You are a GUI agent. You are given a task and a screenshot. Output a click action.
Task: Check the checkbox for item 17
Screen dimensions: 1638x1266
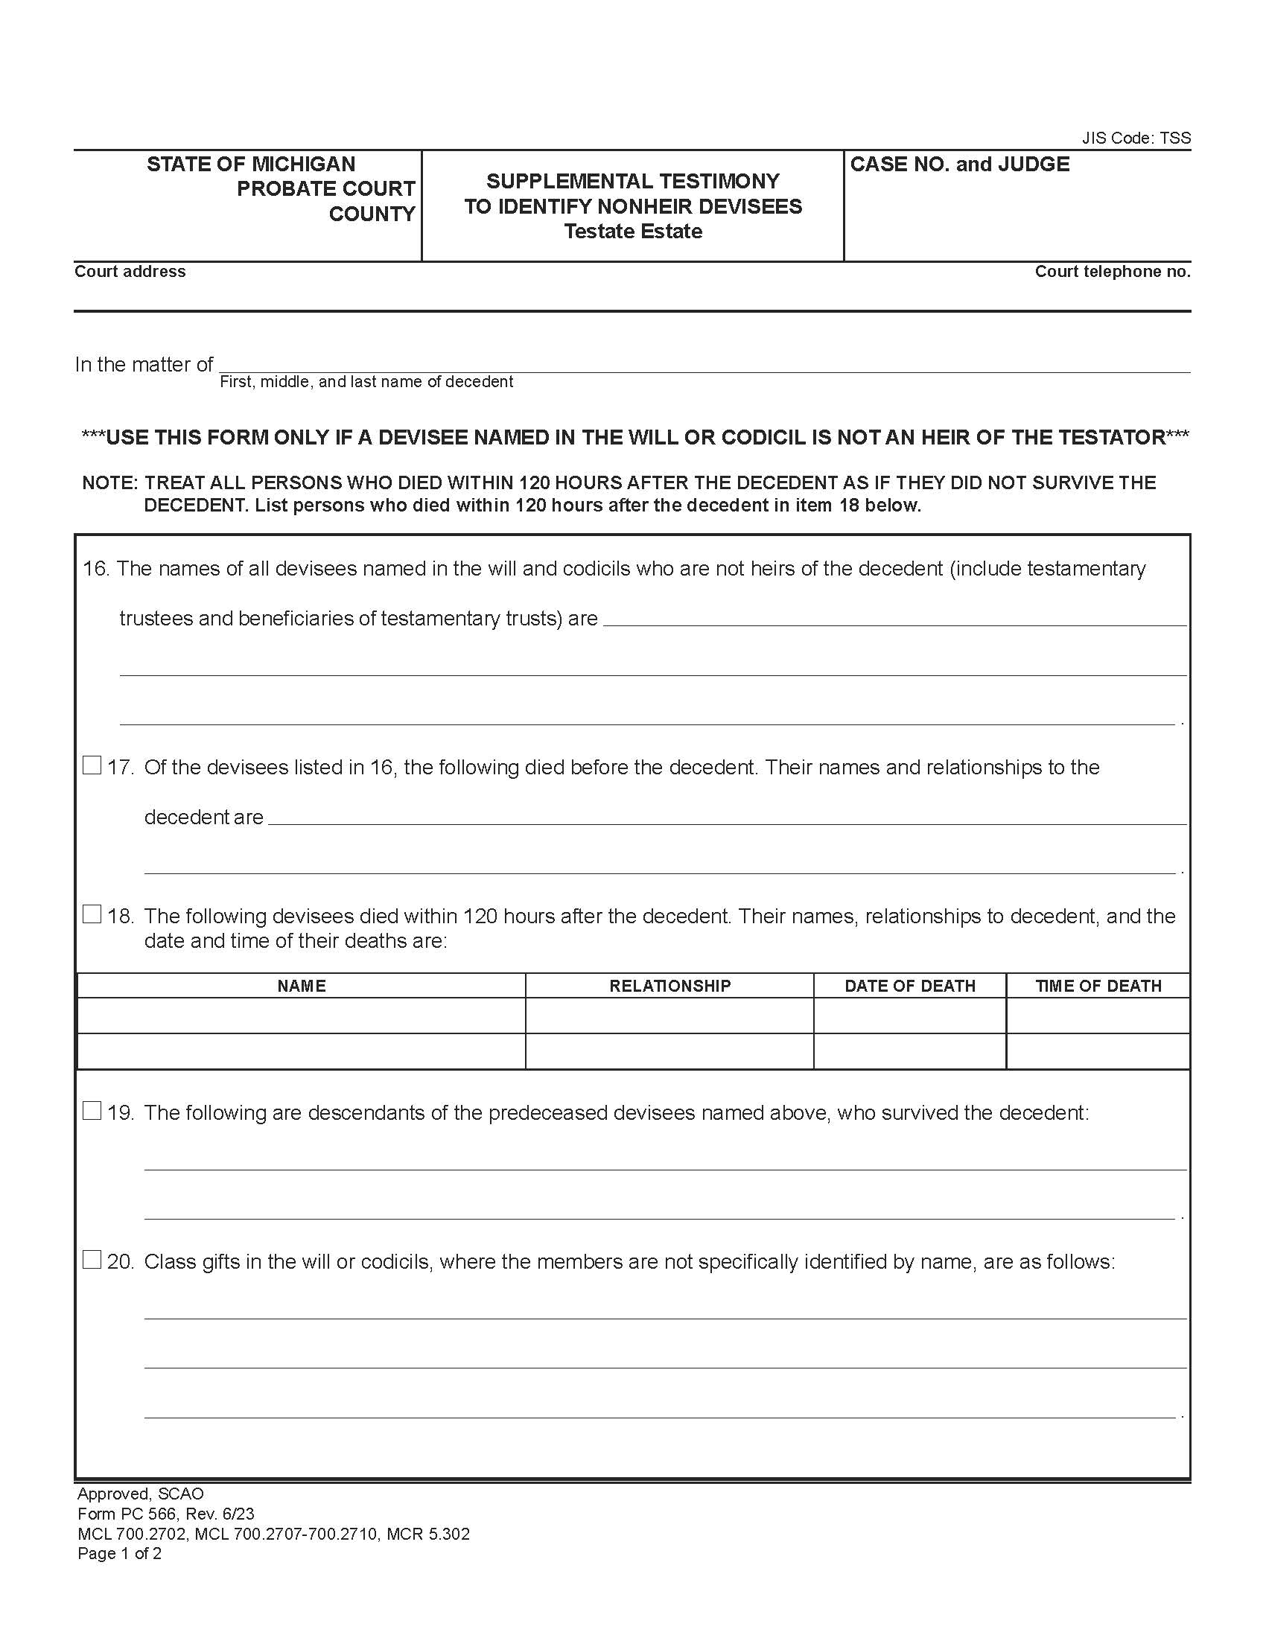point(92,765)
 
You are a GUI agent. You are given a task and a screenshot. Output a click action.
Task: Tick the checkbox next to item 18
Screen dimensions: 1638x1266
point(92,914)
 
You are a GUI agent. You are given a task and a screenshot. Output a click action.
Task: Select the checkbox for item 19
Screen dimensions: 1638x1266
point(92,1111)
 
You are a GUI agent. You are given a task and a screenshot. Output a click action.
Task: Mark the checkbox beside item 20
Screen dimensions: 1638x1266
point(92,1260)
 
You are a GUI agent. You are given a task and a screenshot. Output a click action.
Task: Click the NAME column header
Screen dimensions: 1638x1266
point(302,986)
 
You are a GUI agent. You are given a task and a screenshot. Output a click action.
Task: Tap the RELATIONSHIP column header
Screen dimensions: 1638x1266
point(669,986)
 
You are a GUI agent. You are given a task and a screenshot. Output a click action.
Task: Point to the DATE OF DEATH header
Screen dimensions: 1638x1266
point(910,986)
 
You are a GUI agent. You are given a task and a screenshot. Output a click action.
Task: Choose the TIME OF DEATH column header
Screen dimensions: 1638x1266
point(1098,986)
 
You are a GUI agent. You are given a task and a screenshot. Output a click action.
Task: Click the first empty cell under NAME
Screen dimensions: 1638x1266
point(302,1016)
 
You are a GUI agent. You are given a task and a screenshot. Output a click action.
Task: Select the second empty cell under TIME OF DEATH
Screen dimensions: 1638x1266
point(1098,1051)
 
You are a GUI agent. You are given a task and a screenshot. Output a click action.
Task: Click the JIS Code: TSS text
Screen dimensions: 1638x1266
point(1136,138)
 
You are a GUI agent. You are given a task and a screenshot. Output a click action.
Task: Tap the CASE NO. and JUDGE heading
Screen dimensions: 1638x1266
point(959,165)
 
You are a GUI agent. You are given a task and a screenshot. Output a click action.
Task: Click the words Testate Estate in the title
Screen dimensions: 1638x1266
point(633,231)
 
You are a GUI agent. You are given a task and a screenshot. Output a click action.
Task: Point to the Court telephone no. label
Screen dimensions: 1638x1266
point(1113,272)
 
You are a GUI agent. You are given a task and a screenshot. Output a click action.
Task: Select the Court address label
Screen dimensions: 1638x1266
point(130,272)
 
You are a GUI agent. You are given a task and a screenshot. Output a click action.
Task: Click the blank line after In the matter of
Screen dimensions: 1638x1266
point(704,364)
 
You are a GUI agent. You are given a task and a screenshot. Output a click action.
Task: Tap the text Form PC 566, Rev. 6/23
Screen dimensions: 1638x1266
point(166,1514)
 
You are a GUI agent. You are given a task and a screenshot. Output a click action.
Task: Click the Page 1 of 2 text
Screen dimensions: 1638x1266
point(119,1553)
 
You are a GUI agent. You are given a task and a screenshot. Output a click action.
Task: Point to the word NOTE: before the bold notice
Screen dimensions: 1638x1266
point(110,482)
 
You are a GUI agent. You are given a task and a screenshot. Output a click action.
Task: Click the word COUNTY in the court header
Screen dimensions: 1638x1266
point(372,214)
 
